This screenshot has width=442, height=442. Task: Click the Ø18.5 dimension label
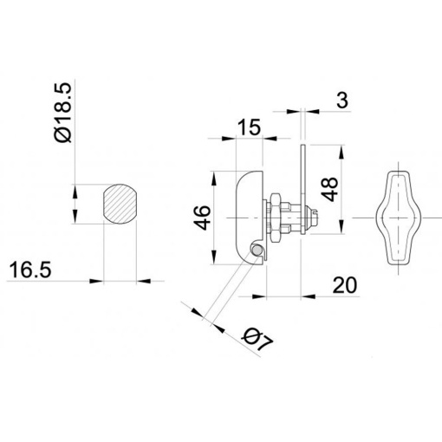62,113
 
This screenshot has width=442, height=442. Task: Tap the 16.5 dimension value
30,270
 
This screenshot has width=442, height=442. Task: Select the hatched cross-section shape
120,204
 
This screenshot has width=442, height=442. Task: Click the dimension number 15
249,127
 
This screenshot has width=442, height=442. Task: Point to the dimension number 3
342,101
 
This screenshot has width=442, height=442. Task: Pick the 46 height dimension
203,218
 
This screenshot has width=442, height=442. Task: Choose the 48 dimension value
330,189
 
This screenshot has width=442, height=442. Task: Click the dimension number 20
345,285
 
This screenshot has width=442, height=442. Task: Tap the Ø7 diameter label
258,340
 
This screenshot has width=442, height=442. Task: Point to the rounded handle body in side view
249,218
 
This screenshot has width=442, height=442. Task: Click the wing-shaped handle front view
399,218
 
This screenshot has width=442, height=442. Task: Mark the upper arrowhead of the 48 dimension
341,152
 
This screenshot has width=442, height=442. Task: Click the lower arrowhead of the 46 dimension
214,257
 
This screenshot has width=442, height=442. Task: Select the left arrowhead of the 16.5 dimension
96,281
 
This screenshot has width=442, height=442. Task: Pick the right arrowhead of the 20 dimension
308,296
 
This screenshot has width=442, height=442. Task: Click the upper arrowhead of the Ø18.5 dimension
75,192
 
